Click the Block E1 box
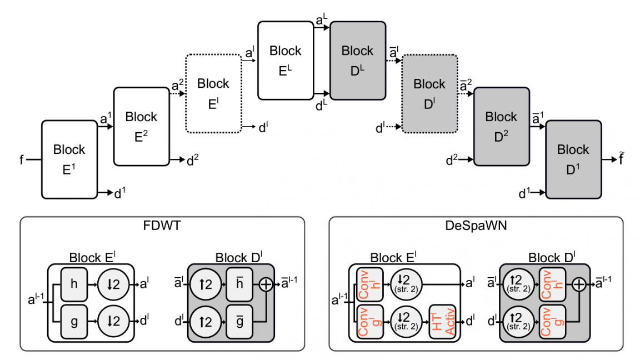tap(69, 159)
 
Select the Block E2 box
tap(141, 127)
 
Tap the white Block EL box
tap(285, 61)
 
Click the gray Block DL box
tap(357, 61)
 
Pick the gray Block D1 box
tap(573, 159)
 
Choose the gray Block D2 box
tap(501, 127)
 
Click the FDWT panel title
tap(162, 227)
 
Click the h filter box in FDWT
tap(74, 283)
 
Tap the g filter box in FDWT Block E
tap(74, 321)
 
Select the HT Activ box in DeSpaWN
tap(442, 321)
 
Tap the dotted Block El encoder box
tap(213, 94)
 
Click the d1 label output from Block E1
tap(119, 193)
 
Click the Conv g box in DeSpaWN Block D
tap(552, 321)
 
